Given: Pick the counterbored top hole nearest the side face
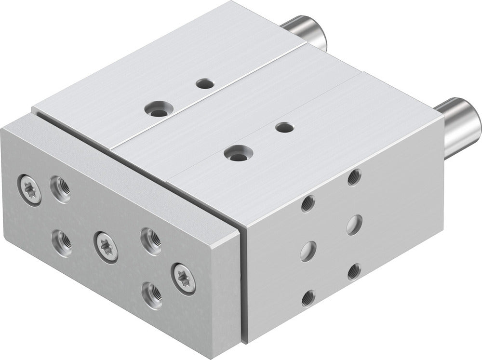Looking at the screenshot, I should tap(236, 153).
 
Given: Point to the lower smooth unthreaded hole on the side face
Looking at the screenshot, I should tap(307, 251).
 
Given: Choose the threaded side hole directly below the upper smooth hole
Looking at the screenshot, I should tap(354, 271).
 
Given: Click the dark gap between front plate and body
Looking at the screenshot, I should tap(242, 280).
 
